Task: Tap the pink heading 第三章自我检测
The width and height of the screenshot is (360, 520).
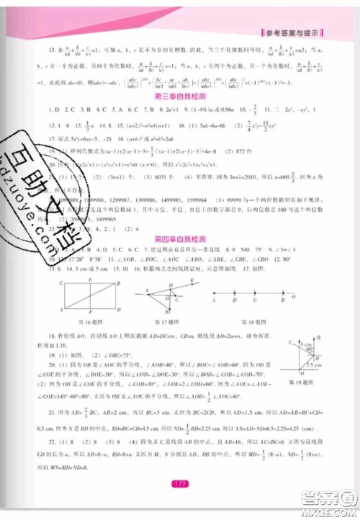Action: pos(179,95)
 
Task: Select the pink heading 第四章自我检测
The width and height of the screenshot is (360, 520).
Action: pos(179,237)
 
